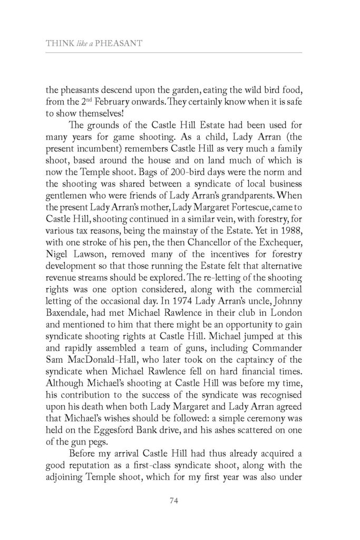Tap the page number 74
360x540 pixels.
click(179, 501)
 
